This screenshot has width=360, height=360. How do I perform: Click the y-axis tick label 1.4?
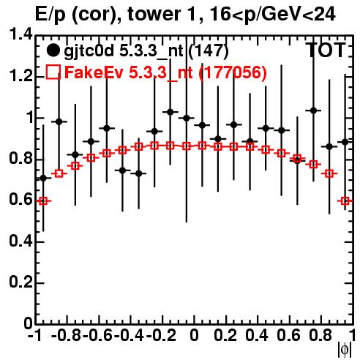[x=20, y=34]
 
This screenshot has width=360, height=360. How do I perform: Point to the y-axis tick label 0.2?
[x=20, y=282]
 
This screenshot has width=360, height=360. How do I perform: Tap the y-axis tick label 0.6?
[x=20, y=200]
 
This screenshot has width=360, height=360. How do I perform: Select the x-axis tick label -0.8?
[x=67, y=336]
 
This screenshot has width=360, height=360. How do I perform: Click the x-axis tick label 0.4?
[x=257, y=336]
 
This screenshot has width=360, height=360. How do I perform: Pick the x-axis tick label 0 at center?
[x=194, y=336]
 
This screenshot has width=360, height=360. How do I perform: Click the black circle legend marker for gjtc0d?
[x=53, y=50]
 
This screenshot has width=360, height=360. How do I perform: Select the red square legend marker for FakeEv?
[x=53, y=72]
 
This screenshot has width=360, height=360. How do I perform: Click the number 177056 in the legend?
[x=233, y=72]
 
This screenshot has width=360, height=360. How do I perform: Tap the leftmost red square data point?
[x=43, y=201]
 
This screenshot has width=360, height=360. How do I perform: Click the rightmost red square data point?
[x=345, y=201]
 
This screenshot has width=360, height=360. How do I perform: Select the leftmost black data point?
[x=43, y=179]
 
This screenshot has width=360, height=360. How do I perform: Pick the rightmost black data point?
[x=345, y=142]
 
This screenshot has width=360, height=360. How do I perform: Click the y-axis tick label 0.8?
[x=20, y=159]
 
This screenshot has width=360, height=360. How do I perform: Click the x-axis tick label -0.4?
[x=130, y=336]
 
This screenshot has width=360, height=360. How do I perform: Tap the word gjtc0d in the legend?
[x=89, y=51]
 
